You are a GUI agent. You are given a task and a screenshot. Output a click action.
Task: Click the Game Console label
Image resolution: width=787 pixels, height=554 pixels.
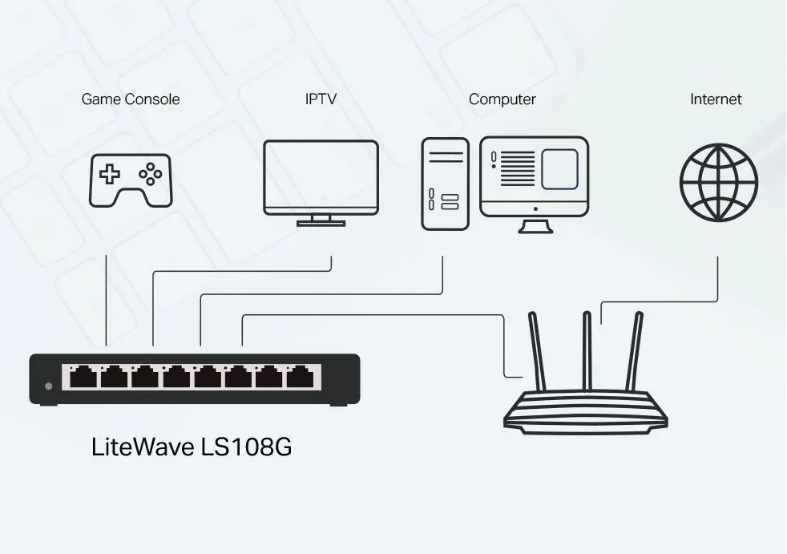[x=131, y=99]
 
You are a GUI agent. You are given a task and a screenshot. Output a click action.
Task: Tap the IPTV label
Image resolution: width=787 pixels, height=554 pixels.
[x=321, y=99]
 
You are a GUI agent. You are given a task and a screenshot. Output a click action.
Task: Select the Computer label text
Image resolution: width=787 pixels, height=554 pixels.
[x=502, y=99]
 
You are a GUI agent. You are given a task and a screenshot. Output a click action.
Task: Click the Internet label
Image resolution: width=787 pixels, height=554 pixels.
[x=716, y=99]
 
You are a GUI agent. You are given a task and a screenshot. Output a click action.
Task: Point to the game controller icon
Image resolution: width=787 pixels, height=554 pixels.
[x=130, y=180]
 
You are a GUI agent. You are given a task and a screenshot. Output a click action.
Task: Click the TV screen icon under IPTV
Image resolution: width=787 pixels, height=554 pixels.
[x=321, y=178]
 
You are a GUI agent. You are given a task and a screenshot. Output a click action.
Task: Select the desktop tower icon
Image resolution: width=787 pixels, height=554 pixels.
[x=445, y=184]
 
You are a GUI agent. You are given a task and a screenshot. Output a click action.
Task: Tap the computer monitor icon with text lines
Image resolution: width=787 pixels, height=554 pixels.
[x=534, y=178]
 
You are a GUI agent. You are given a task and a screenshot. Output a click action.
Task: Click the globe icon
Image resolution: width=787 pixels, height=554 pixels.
[x=718, y=182]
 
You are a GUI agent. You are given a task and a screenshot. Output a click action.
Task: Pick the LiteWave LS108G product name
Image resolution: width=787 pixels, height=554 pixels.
[x=192, y=447]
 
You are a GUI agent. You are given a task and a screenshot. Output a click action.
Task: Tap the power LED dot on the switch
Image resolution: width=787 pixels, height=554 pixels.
[x=49, y=386]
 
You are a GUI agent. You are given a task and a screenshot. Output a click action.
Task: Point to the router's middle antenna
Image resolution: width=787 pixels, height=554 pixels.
[x=587, y=351]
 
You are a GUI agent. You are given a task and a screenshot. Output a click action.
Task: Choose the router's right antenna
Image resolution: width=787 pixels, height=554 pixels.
[x=636, y=351]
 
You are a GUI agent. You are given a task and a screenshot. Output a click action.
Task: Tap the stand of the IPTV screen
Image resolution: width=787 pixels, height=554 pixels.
[x=321, y=220]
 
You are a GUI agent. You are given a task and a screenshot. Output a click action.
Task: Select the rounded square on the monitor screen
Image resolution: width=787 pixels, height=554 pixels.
[x=559, y=169]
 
